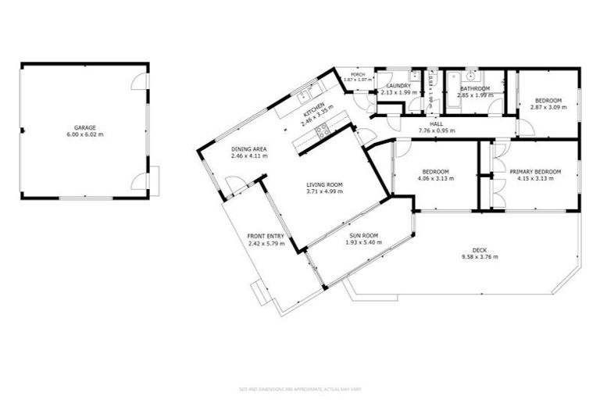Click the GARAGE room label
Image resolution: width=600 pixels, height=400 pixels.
coord(84,127)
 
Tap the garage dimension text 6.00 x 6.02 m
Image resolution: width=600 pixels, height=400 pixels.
coord(84,134)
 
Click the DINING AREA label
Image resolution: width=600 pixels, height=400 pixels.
coord(248,149)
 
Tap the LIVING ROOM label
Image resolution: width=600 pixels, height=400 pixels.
coord(323,185)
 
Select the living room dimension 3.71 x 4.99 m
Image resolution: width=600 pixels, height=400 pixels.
coord(323,192)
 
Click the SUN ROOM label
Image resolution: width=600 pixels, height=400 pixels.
coord(362,235)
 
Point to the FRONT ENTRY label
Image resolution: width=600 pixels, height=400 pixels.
coord(266,237)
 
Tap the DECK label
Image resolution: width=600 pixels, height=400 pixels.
coord(480,249)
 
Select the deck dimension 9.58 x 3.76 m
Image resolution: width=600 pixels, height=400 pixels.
coord(480,256)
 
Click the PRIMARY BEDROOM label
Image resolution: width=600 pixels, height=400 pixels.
coord(531,171)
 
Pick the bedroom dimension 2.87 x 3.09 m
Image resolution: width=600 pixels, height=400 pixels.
coord(547,107)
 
